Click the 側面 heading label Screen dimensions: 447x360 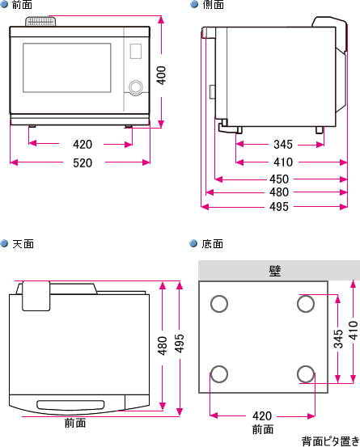click(x=214, y=5)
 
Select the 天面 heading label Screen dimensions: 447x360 click(x=23, y=243)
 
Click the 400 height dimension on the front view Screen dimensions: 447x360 click(x=162, y=75)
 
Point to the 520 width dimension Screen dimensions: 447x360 click(x=82, y=162)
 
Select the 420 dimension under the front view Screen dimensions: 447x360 click(x=82, y=145)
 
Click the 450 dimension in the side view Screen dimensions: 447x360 click(x=279, y=179)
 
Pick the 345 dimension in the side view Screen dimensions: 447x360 click(x=282, y=145)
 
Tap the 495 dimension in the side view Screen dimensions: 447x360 click(x=279, y=207)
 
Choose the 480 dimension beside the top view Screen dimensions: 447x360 click(x=163, y=345)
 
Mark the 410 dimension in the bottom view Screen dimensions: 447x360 click(x=353, y=330)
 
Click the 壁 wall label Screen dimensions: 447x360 click(x=275, y=270)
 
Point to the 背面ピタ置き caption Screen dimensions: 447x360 click(x=329, y=441)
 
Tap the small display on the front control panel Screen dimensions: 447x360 click(x=134, y=51)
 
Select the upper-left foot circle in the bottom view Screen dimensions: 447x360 click(x=219, y=303)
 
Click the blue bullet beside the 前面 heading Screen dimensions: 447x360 click(x=5, y=5)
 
